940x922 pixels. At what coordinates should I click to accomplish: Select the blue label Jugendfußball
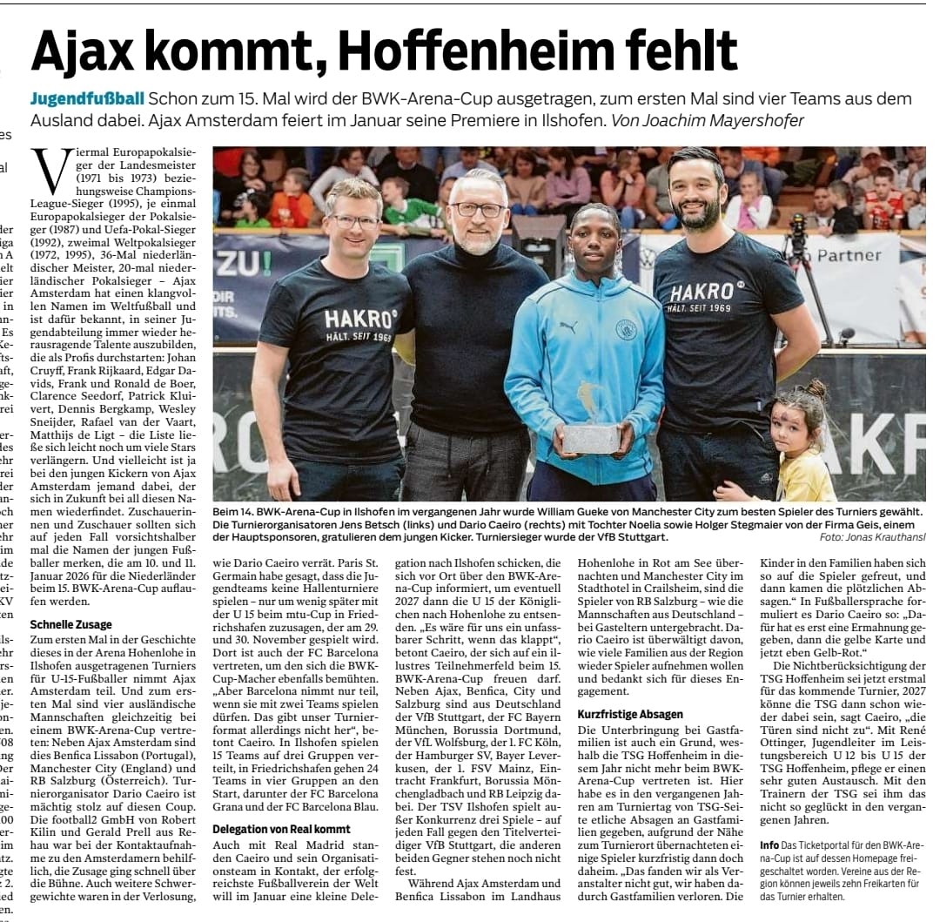pyautogui.click(x=87, y=99)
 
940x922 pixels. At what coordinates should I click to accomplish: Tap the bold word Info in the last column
pyautogui.click(x=769, y=845)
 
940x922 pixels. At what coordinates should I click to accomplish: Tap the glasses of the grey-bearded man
pyautogui.click(x=479, y=210)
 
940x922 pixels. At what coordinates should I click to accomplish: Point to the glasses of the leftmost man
pyautogui.click(x=354, y=221)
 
